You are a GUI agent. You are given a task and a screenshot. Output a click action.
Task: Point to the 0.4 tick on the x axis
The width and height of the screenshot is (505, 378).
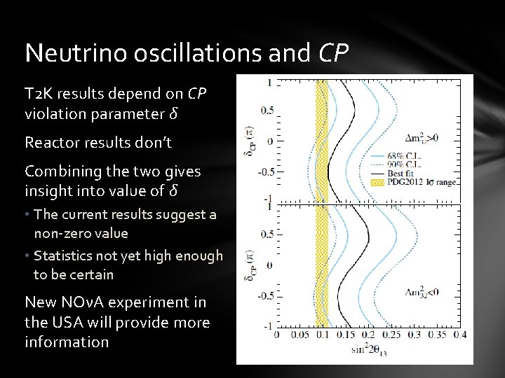459,335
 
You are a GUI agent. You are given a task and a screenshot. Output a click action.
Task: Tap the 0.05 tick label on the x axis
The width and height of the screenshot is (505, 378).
299,335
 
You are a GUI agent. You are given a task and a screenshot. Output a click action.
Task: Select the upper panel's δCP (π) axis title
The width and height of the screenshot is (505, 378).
250,142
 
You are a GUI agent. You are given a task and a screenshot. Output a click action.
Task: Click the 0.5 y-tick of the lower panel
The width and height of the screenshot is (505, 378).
267,234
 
